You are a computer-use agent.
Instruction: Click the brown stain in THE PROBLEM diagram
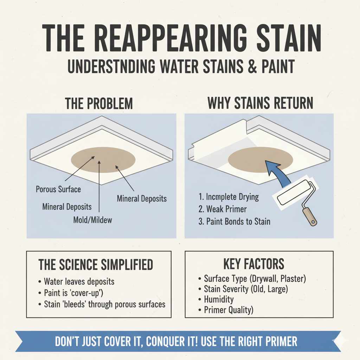click(x=103, y=160)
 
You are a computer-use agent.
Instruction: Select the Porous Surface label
click(x=58, y=189)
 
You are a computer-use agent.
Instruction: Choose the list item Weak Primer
click(x=222, y=209)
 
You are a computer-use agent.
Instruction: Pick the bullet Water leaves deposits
click(x=79, y=282)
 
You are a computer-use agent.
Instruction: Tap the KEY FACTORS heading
click(x=253, y=264)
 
